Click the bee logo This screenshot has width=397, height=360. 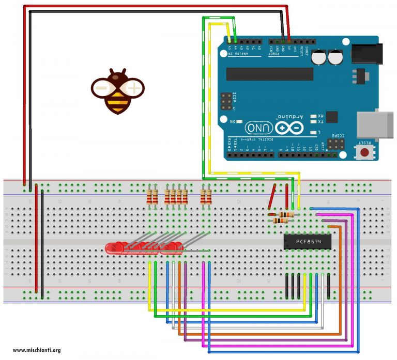(x=117, y=90)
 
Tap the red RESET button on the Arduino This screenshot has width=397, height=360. (x=365, y=152)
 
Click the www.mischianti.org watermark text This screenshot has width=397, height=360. (x=36, y=350)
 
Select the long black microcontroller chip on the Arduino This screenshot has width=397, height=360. (x=269, y=74)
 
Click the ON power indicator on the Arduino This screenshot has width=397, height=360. (x=240, y=121)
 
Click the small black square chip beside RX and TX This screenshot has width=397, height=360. (x=331, y=117)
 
